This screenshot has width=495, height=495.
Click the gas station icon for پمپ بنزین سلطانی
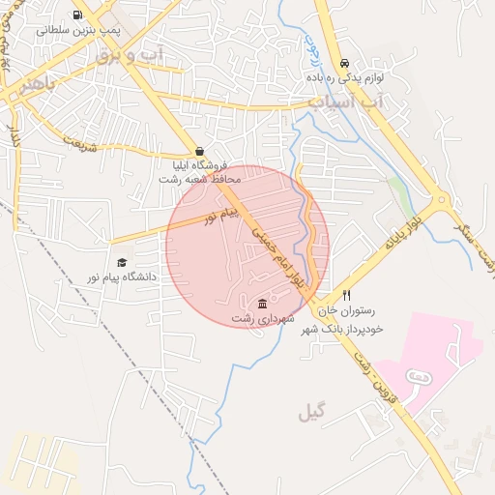(77, 15)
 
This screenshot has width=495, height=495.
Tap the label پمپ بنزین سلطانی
(79, 31)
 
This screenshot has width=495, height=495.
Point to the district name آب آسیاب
(345, 101)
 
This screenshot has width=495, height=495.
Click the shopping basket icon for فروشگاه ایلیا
(198, 152)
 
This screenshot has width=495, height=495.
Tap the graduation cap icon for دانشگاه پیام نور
(122, 263)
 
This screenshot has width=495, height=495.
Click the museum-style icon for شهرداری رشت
(263, 305)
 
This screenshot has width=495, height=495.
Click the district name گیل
(312, 413)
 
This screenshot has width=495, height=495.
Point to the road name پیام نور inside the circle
(220, 215)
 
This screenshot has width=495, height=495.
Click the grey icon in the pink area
(418, 375)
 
